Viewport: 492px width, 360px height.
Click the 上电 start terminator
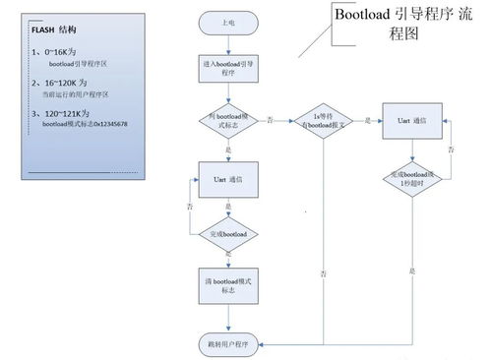tap(228, 21)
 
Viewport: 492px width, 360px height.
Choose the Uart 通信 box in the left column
tap(228, 180)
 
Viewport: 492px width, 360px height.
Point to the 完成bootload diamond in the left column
tap(228, 235)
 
